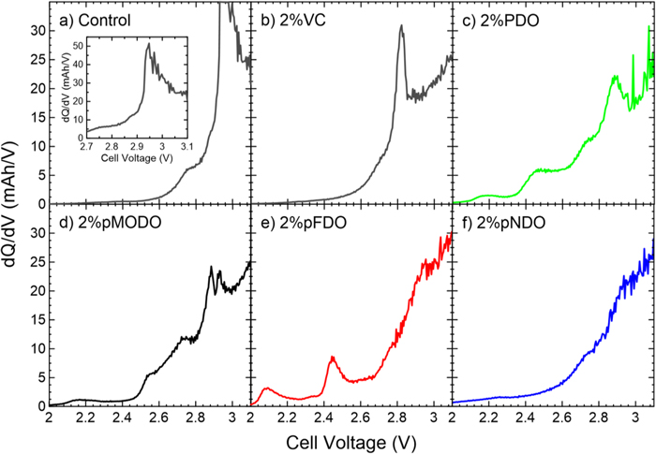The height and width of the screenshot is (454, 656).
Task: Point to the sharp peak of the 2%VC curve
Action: (401, 26)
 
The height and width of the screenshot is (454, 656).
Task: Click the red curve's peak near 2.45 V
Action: (332, 357)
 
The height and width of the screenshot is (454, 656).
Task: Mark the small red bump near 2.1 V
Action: (267, 388)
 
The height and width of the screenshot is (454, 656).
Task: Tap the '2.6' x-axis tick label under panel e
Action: (360, 417)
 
